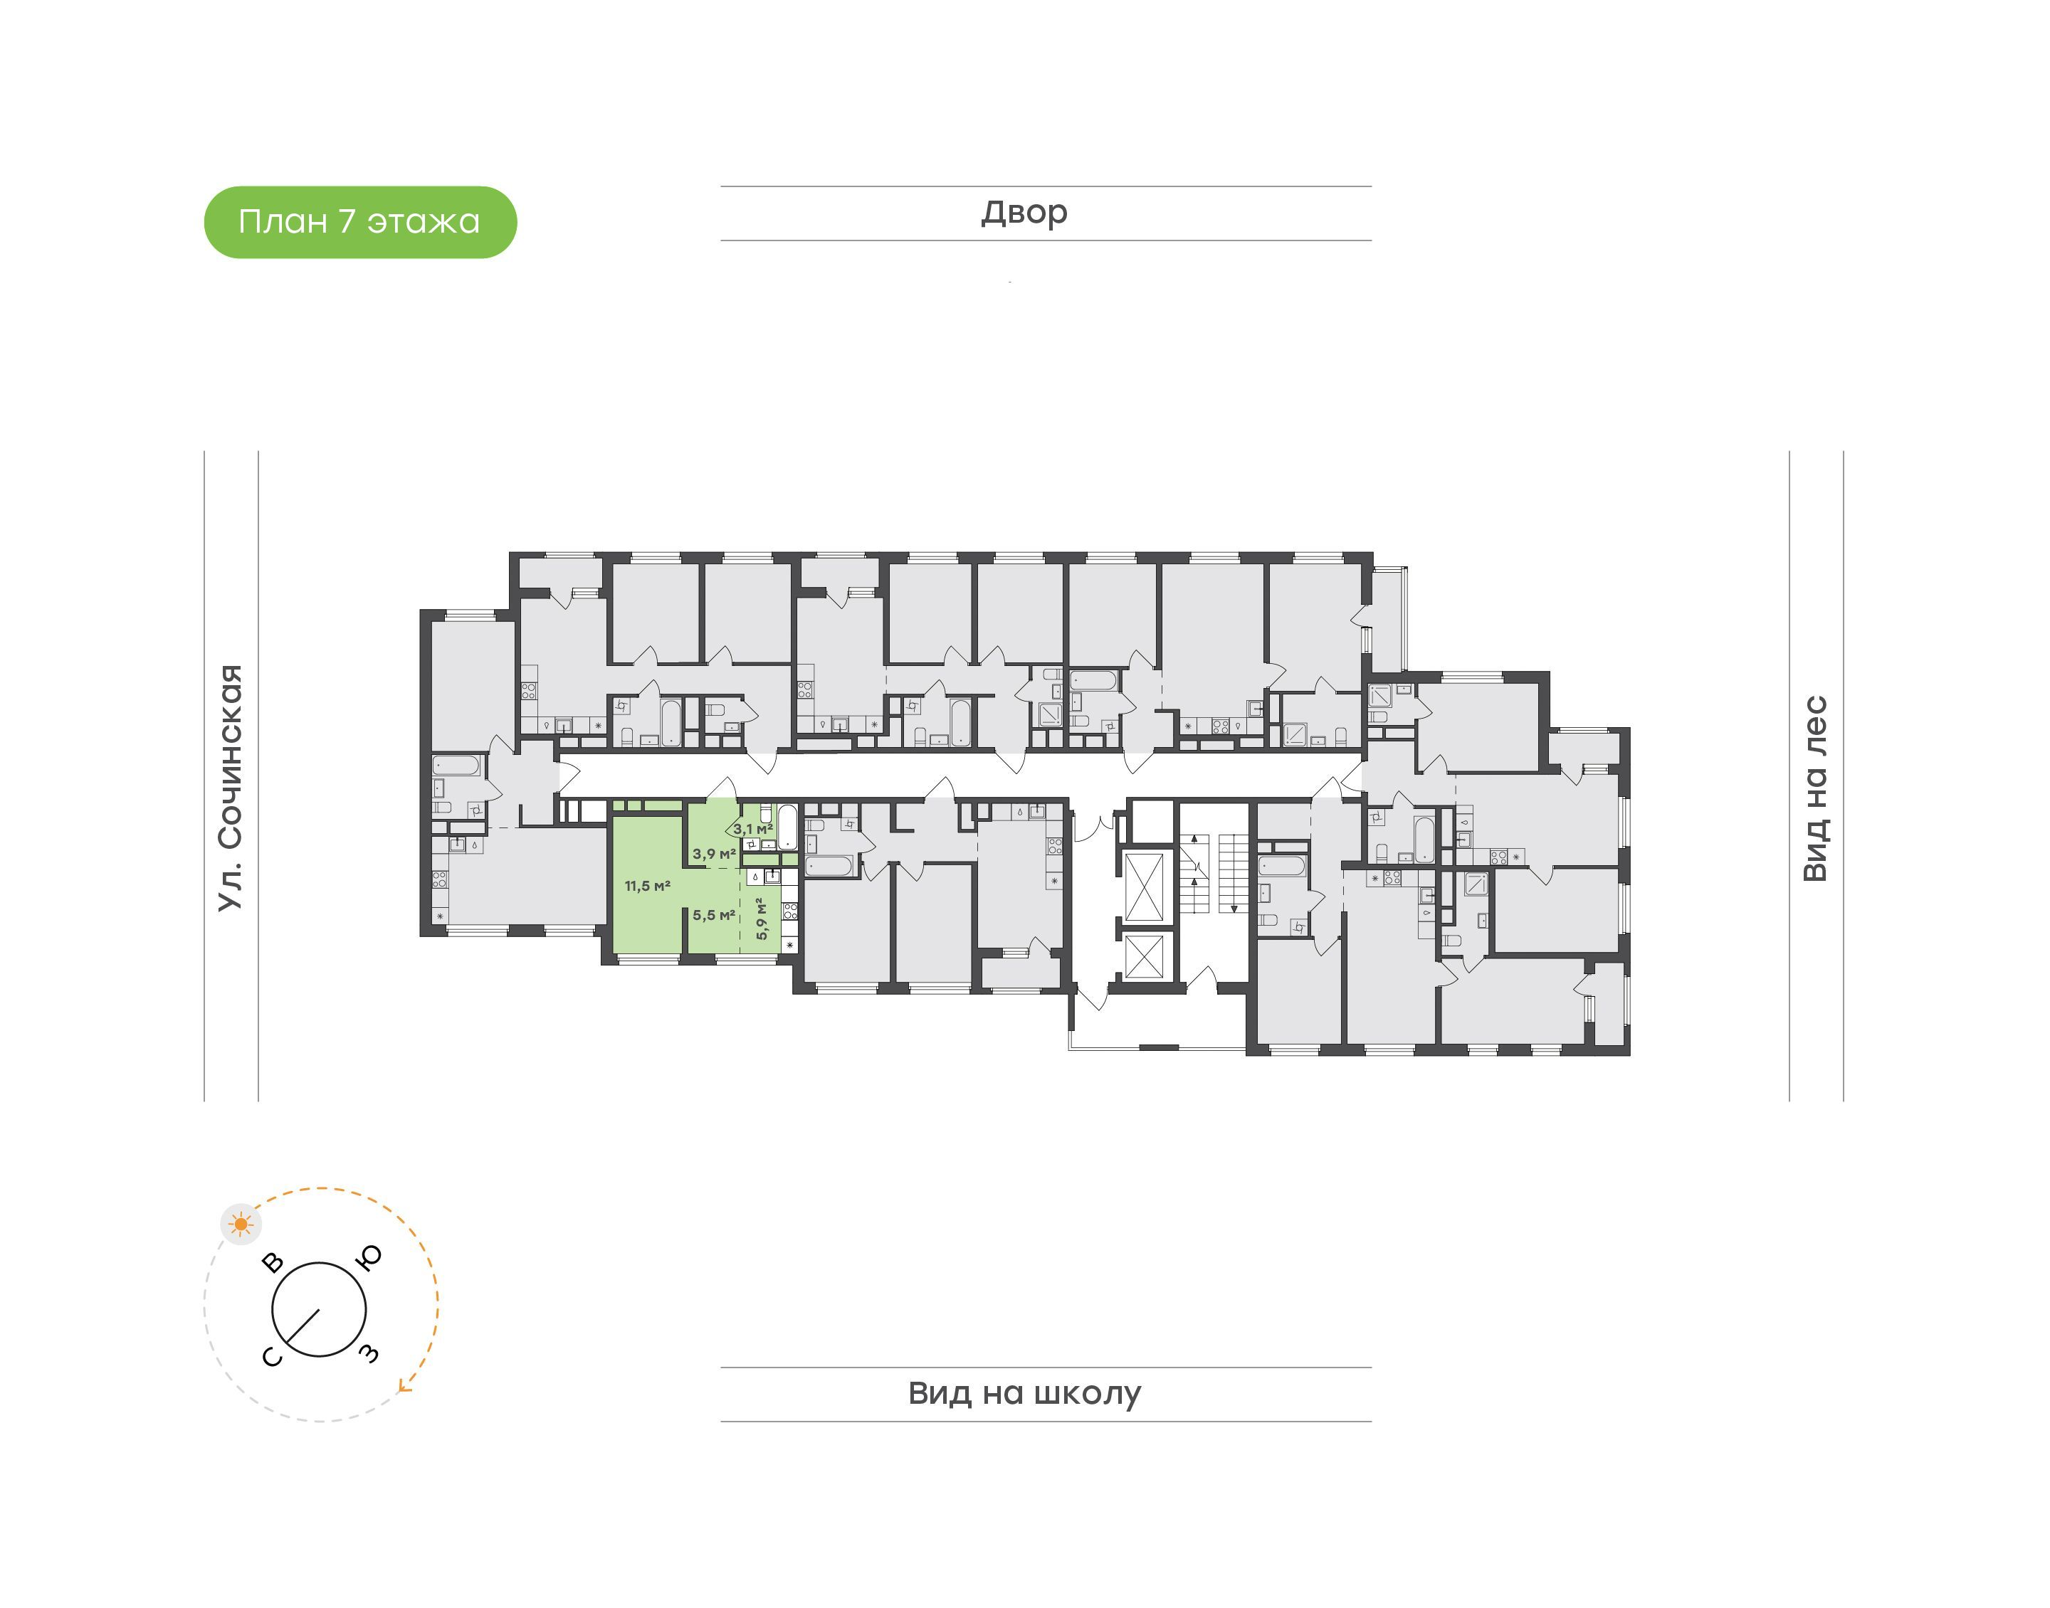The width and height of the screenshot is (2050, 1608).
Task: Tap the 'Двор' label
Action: [1024, 213]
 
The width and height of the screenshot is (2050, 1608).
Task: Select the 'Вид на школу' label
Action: [1024, 1393]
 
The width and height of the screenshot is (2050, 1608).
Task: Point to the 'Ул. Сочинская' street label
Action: [231, 788]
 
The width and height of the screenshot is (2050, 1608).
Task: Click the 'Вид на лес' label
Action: [1814, 789]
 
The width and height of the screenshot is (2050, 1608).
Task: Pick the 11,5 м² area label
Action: [647, 886]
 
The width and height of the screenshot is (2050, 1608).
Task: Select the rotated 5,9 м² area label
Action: [762, 918]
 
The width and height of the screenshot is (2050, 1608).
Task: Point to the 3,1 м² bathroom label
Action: [753, 828]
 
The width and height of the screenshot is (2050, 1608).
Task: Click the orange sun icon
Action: [242, 1224]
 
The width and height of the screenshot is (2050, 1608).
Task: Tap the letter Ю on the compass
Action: [370, 1258]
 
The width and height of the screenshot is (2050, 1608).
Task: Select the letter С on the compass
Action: [271, 1355]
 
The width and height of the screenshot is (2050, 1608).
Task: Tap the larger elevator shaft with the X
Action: [1144, 885]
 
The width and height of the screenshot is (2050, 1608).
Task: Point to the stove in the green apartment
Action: [790, 911]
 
